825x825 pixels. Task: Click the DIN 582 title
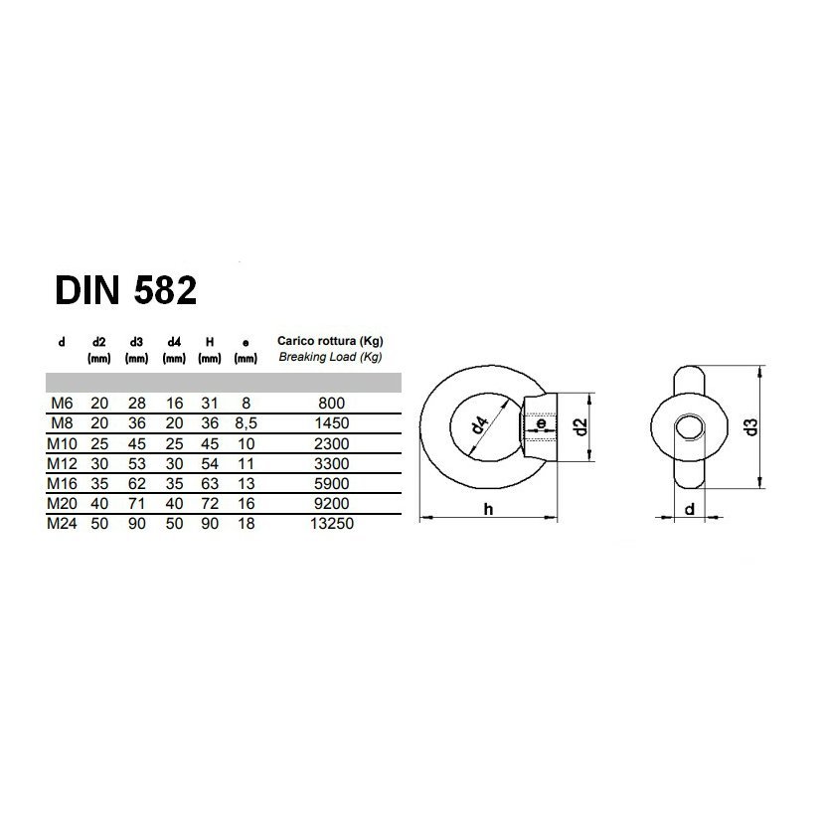[126, 290]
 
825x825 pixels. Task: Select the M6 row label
[62, 404]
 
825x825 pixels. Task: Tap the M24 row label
[62, 524]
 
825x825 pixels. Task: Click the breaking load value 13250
[331, 524]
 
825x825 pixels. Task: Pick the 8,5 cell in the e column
[246, 423]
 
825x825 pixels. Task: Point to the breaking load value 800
[331, 404]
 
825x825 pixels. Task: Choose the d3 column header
[136, 342]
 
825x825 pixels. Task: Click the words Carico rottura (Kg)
[330, 341]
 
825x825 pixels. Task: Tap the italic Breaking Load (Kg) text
[330, 357]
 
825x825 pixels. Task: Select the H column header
[210, 342]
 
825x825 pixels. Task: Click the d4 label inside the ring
[479, 424]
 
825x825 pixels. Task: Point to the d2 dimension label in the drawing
[580, 426]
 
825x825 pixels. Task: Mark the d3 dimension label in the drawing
[751, 426]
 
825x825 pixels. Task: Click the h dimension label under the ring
[489, 509]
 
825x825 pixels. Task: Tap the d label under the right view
[689, 509]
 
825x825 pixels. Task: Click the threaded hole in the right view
[689, 427]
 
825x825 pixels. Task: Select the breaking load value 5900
[331, 483]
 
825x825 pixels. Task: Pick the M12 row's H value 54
[210, 463]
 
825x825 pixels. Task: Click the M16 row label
[62, 483]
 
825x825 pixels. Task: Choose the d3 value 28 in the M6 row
[137, 404]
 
